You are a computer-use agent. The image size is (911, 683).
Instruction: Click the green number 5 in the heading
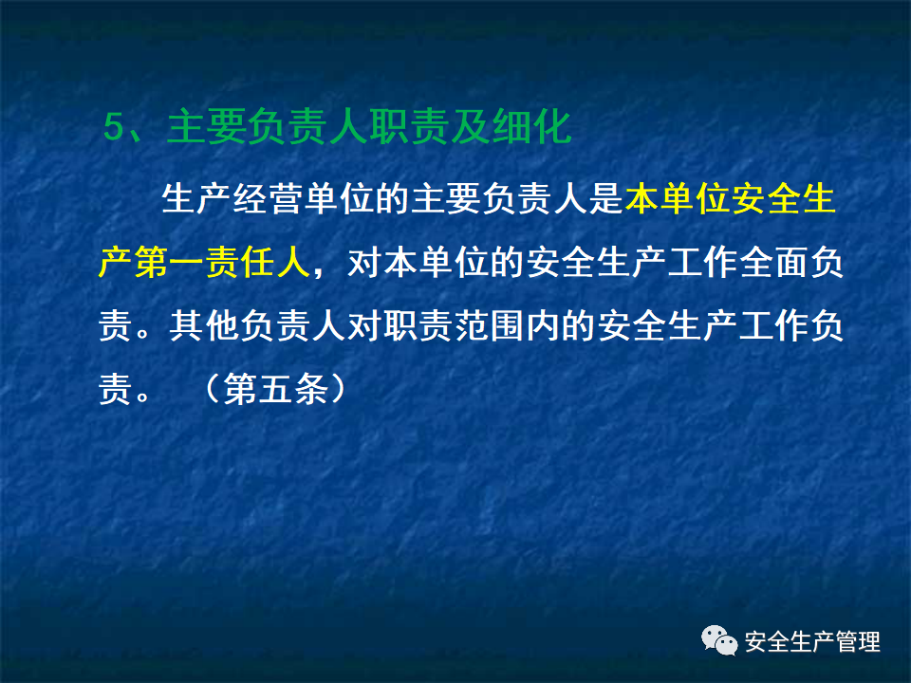pos(114,127)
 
